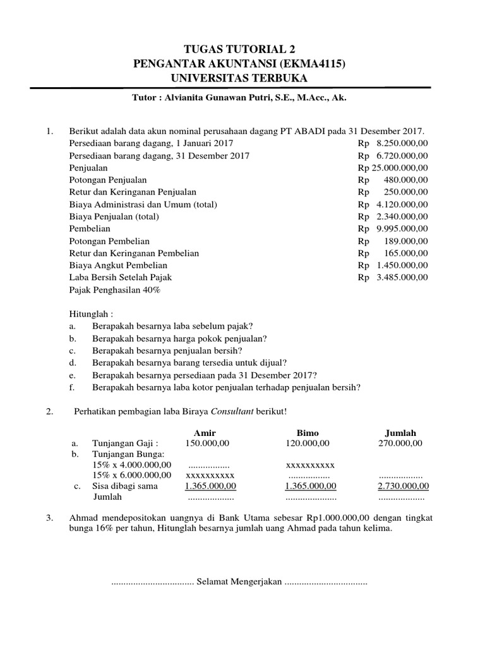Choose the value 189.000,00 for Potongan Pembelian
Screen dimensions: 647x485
pos(405,241)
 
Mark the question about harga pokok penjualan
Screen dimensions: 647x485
pos(179,338)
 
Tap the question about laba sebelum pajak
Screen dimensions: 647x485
pos(172,326)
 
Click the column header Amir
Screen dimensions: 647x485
pos(205,433)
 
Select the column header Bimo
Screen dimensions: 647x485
pos(309,433)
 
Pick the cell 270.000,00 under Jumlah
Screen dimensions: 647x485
pos(400,444)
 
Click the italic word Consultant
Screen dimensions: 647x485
pos(236,411)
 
